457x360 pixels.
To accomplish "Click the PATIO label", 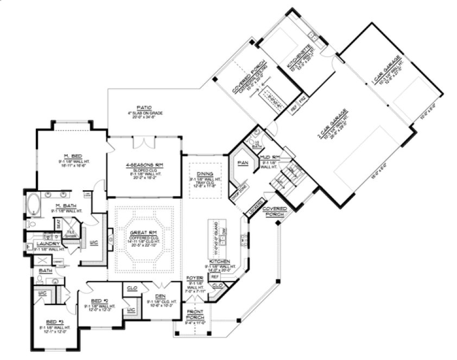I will coord(144,107).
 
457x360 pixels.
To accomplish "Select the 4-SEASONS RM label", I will coord(144,164).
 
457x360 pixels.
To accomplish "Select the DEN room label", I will coord(160,295).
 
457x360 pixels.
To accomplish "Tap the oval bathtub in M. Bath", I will coord(34,205).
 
